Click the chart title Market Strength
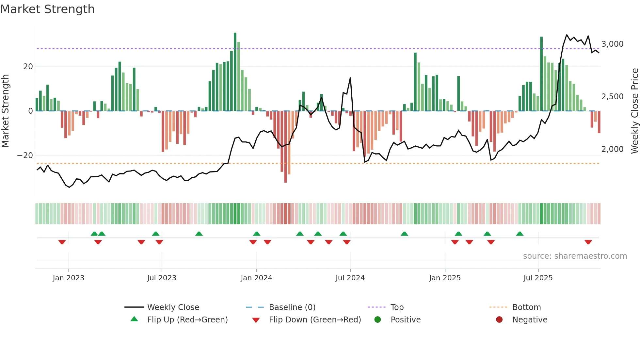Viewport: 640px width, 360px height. (47, 9)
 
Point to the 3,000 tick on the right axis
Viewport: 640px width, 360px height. (612, 44)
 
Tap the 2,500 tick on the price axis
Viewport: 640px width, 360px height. (612, 97)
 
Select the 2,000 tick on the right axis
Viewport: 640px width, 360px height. (612, 149)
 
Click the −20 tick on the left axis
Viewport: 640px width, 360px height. (25, 155)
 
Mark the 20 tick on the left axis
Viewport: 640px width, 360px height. (28, 67)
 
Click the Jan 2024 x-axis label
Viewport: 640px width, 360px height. (256, 278)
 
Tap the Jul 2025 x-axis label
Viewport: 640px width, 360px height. (538, 278)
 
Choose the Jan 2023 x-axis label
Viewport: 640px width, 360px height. (69, 278)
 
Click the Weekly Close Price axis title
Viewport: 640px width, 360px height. (634, 111)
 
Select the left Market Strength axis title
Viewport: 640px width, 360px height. (5, 111)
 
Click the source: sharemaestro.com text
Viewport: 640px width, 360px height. (575, 256)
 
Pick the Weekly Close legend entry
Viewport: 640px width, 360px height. (173, 307)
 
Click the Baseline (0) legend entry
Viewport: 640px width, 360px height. (292, 307)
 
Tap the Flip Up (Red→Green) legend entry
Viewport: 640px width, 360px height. (187, 320)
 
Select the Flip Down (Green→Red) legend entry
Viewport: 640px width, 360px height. (315, 320)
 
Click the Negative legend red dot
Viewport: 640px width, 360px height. (499, 320)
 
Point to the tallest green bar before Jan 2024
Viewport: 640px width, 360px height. (235, 72)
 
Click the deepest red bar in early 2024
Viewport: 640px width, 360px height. (285, 147)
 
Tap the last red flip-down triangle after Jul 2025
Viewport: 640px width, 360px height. (588, 242)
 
